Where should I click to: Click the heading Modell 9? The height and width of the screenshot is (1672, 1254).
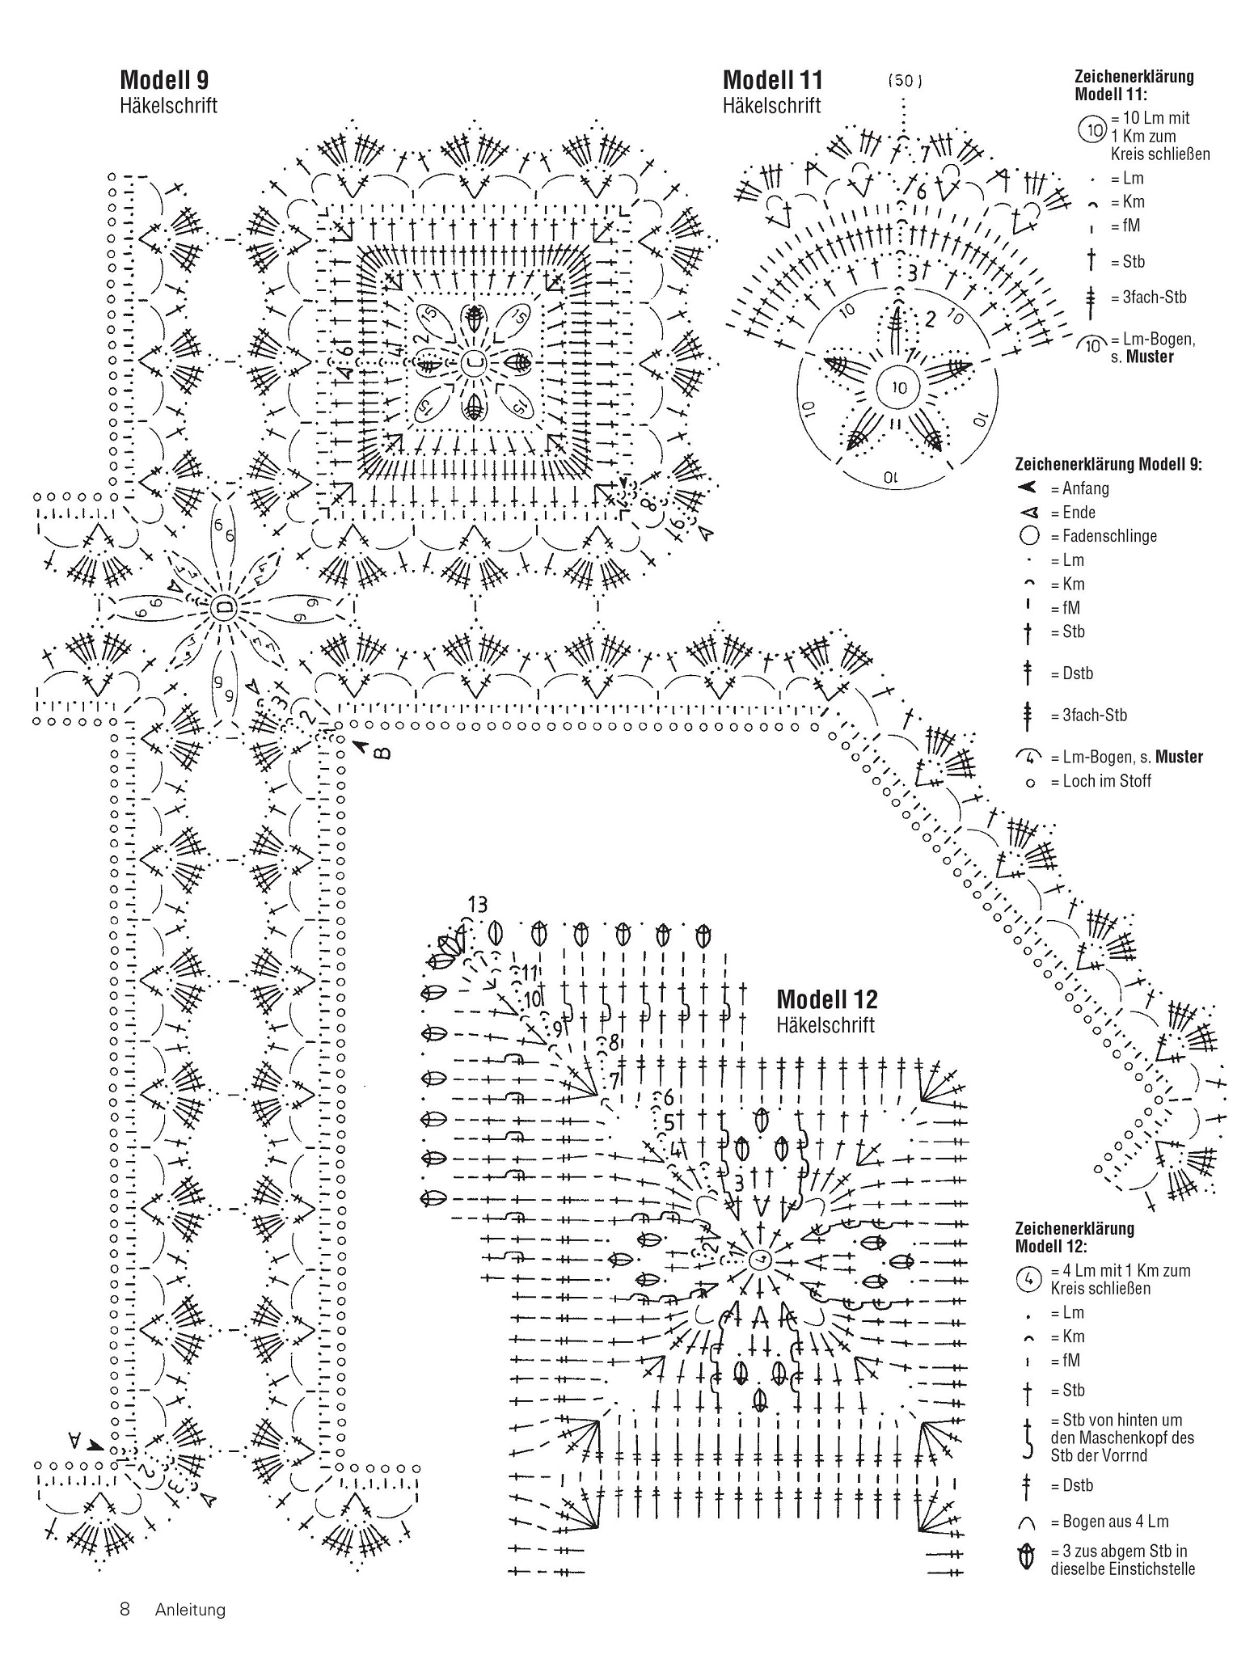164,79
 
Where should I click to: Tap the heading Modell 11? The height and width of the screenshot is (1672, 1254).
772,79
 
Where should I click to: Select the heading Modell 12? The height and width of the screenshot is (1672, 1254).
826,999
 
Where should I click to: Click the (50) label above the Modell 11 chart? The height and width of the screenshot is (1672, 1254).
905,81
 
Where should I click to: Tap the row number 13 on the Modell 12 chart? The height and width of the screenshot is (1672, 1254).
478,904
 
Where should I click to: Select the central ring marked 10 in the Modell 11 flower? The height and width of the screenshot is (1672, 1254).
899,387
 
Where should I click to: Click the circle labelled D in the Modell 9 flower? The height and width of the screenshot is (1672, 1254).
222,606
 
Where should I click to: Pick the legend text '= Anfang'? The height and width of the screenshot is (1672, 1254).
1079,488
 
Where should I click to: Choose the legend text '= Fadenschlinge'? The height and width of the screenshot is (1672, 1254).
1104,536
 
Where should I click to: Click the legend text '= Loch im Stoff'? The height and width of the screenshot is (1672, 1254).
1100,781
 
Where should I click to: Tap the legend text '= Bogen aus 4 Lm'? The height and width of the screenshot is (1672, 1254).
1109,1522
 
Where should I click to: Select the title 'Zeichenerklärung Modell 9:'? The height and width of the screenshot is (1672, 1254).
1108,464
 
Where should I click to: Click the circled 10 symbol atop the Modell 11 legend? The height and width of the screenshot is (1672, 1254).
1093,129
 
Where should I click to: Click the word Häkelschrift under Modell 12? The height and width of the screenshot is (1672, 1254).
825,1025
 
